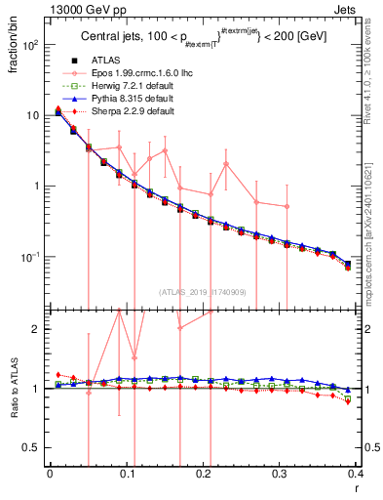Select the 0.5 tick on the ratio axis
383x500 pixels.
33,447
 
